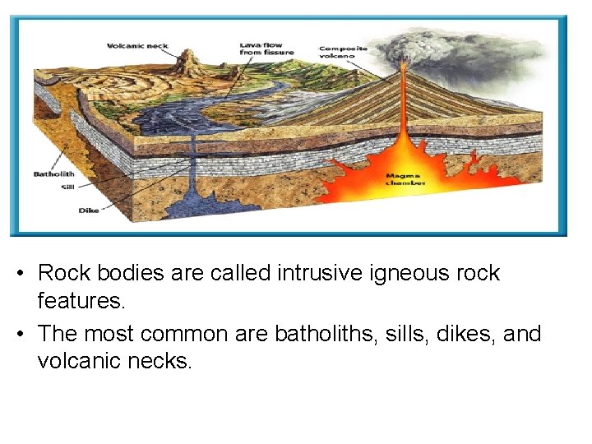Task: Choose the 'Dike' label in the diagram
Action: click(x=88, y=210)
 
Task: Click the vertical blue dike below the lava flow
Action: click(x=194, y=164)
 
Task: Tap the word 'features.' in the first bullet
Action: click(x=81, y=301)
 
